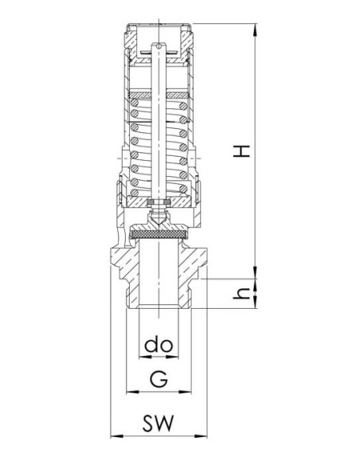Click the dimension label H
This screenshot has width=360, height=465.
[x=241, y=151]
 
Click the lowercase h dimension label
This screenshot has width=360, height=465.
[x=241, y=294]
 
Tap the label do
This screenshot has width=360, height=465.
[x=158, y=345]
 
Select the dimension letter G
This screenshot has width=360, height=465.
[x=158, y=379]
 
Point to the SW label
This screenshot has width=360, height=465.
[x=158, y=423]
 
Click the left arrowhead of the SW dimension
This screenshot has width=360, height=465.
[x=116, y=436]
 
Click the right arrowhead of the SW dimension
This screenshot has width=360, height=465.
[x=201, y=436]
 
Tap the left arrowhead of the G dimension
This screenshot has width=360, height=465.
[x=132, y=392]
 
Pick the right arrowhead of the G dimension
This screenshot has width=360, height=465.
[x=186, y=392]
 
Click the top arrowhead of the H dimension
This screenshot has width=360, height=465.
[x=255, y=29]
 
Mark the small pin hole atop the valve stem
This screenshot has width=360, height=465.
[x=159, y=46]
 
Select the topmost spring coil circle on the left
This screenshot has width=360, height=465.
[x=135, y=103]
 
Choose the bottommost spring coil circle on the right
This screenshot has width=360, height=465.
[x=183, y=189]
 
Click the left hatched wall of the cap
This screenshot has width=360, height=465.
[x=131, y=41]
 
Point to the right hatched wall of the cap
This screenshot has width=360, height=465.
[x=187, y=41]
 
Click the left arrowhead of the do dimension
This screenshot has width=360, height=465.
[x=145, y=357]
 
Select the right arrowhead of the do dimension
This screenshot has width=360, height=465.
[x=173, y=357]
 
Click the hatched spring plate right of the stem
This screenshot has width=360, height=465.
[x=178, y=96]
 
